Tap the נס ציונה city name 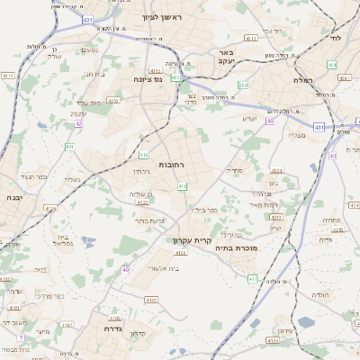(138, 78)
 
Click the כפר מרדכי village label (49, 294)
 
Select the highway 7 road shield (20, 337)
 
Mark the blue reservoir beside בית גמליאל (87, 241)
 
